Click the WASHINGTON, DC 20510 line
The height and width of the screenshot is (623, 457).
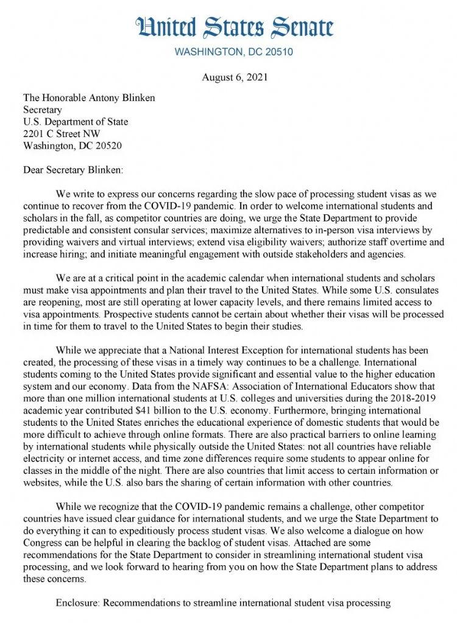pos(233,52)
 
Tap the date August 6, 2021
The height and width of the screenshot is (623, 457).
pos(233,77)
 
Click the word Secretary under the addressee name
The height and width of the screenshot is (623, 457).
pos(42,110)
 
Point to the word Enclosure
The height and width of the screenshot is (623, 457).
pos(77,603)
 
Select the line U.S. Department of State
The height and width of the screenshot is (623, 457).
pos(75,122)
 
